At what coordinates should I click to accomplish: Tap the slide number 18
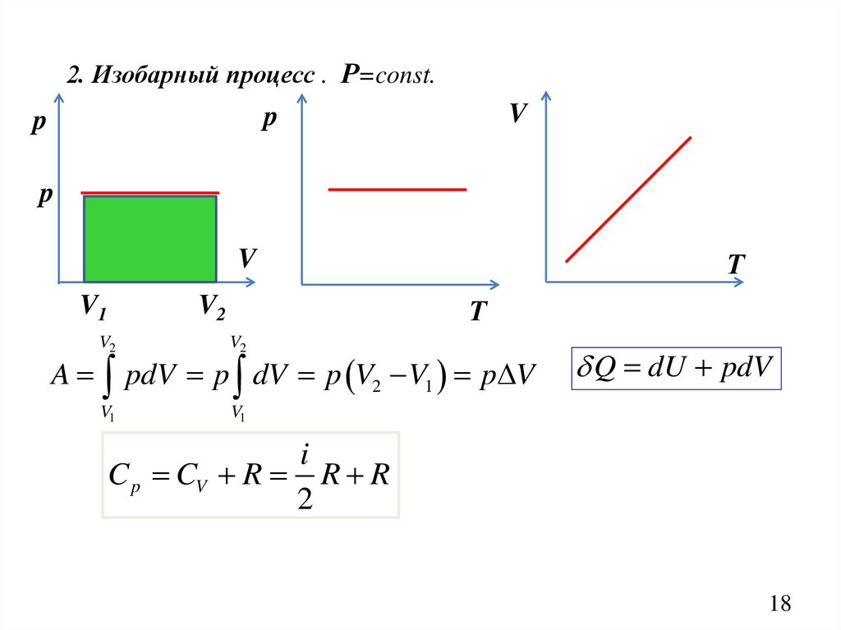pos(780,604)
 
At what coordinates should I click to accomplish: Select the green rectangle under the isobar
pos(150,238)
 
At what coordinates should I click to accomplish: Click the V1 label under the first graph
pos(93,308)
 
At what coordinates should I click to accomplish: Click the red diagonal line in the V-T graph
pos(628,199)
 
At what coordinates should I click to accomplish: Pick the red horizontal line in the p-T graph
pos(397,190)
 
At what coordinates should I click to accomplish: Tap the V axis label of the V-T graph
pos(517,113)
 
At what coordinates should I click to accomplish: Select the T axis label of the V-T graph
pos(736,264)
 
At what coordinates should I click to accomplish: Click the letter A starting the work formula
pos(60,375)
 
